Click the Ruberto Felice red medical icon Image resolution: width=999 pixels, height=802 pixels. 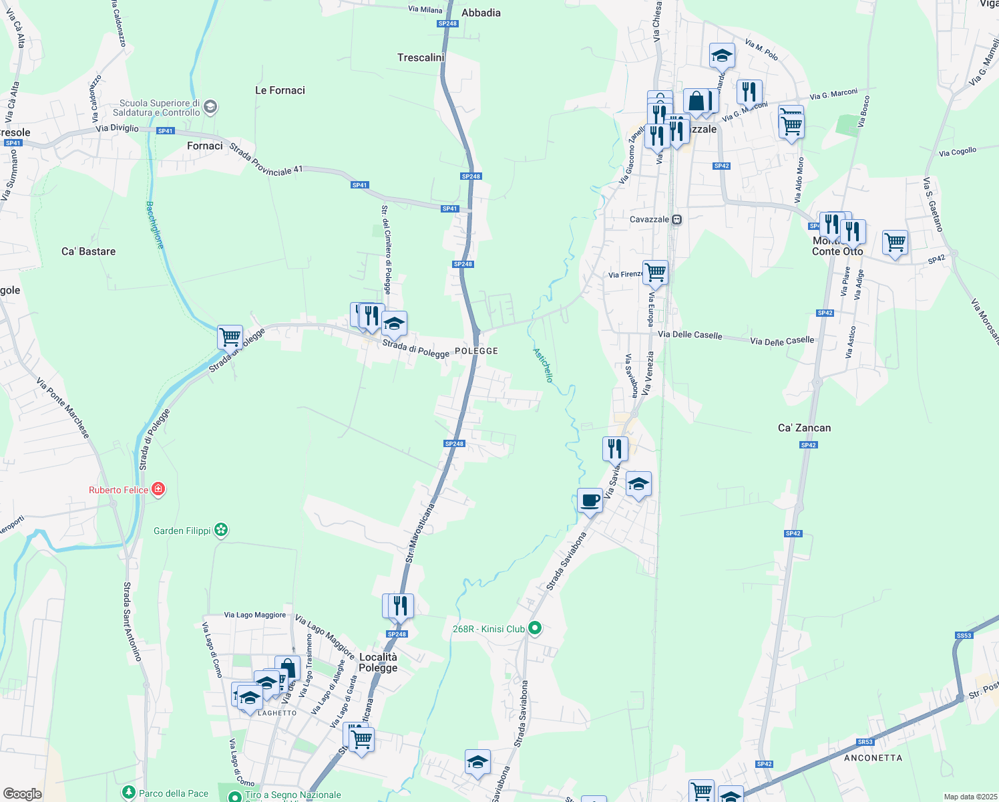pyautogui.click(x=158, y=489)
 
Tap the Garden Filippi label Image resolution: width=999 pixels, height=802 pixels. pyautogui.click(x=182, y=531)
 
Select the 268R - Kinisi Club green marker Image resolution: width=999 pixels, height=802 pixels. pyautogui.click(x=534, y=628)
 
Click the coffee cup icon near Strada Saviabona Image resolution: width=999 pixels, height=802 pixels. pyautogui.click(x=590, y=500)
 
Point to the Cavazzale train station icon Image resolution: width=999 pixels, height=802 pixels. pyautogui.click(x=676, y=219)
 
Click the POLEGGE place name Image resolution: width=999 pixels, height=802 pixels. pyautogui.click(x=476, y=351)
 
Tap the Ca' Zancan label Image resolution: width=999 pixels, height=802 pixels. pyautogui.click(x=804, y=428)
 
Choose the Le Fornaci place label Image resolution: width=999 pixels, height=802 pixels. pyautogui.click(x=280, y=90)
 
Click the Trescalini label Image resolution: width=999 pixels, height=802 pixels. pyautogui.click(x=421, y=57)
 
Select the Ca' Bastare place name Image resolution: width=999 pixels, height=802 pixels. pyautogui.click(x=88, y=251)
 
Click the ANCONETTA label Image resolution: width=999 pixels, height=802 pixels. pyautogui.click(x=873, y=758)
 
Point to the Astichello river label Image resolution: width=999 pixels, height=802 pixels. pyautogui.click(x=543, y=365)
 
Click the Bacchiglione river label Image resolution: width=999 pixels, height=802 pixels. pyautogui.click(x=154, y=225)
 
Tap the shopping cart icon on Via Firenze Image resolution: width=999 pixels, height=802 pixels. pyautogui.click(x=656, y=272)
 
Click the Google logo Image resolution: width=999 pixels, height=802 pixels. pyautogui.click(x=22, y=793)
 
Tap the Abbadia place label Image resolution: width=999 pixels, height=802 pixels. pyautogui.click(x=481, y=13)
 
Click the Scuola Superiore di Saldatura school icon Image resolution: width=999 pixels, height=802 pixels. pyautogui.click(x=210, y=107)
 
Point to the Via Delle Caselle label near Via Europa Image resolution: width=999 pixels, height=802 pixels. pyautogui.click(x=690, y=334)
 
